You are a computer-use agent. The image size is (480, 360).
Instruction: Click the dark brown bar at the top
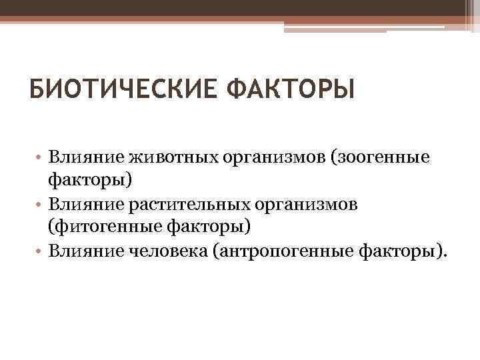(x=233, y=7)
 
